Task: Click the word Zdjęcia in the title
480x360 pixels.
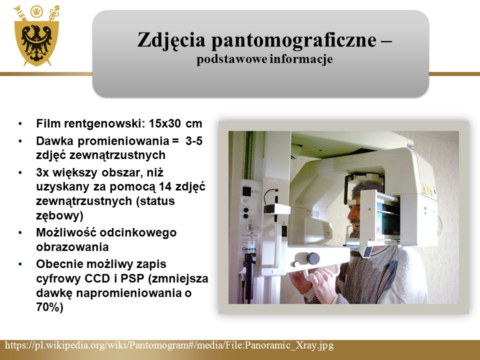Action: [x=171, y=40]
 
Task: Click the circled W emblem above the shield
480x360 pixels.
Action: [x=36, y=12]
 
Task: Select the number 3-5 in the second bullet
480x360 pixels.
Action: [x=194, y=141]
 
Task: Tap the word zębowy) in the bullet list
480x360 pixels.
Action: [x=59, y=216]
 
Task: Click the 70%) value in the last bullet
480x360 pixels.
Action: [x=49, y=307]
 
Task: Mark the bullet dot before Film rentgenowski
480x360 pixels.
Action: [x=20, y=124]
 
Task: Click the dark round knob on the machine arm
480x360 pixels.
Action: [x=313, y=258]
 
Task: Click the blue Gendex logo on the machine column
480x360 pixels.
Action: [x=249, y=249]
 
